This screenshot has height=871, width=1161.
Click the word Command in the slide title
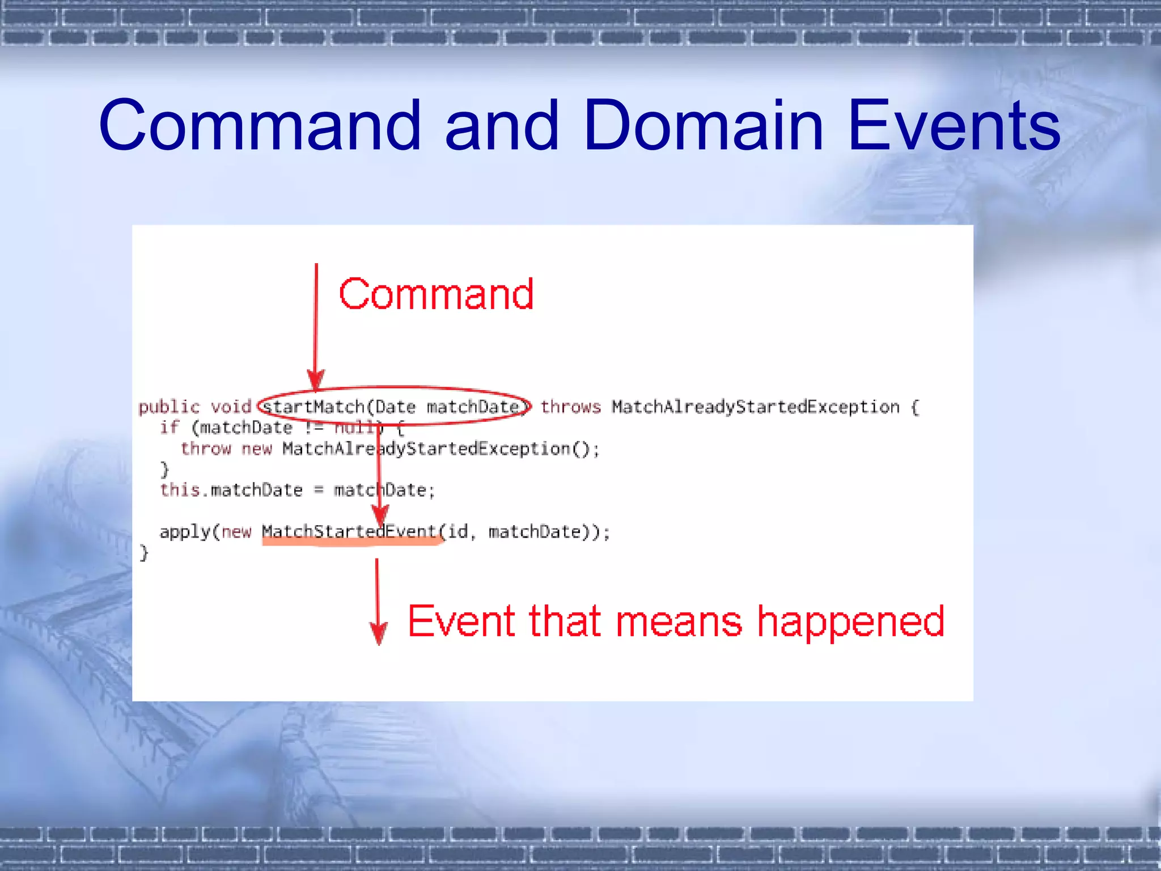click(x=260, y=126)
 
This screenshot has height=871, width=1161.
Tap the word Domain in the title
click(x=702, y=126)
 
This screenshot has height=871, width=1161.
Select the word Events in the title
click(x=954, y=126)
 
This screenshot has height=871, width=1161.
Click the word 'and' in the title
click(x=502, y=126)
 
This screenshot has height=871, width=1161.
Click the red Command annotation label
click(x=436, y=294)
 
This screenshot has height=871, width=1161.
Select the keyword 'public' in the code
click(x=169, y=407)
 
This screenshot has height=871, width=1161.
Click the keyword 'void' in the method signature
click(x=231, y=407)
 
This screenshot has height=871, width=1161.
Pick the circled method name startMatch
click(x=313, y=407)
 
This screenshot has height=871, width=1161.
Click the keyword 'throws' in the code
click(x=570, y=407)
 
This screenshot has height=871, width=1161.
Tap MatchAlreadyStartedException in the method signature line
click(x=755, y=407)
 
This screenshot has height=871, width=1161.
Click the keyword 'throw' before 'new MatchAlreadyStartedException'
click(x=206, y=449)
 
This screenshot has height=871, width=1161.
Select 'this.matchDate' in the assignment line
click(x=231, y=490)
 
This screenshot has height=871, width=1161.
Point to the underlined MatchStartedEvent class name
click(x=349, y=532)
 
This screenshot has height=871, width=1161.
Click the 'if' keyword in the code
click(x=169, y=428)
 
